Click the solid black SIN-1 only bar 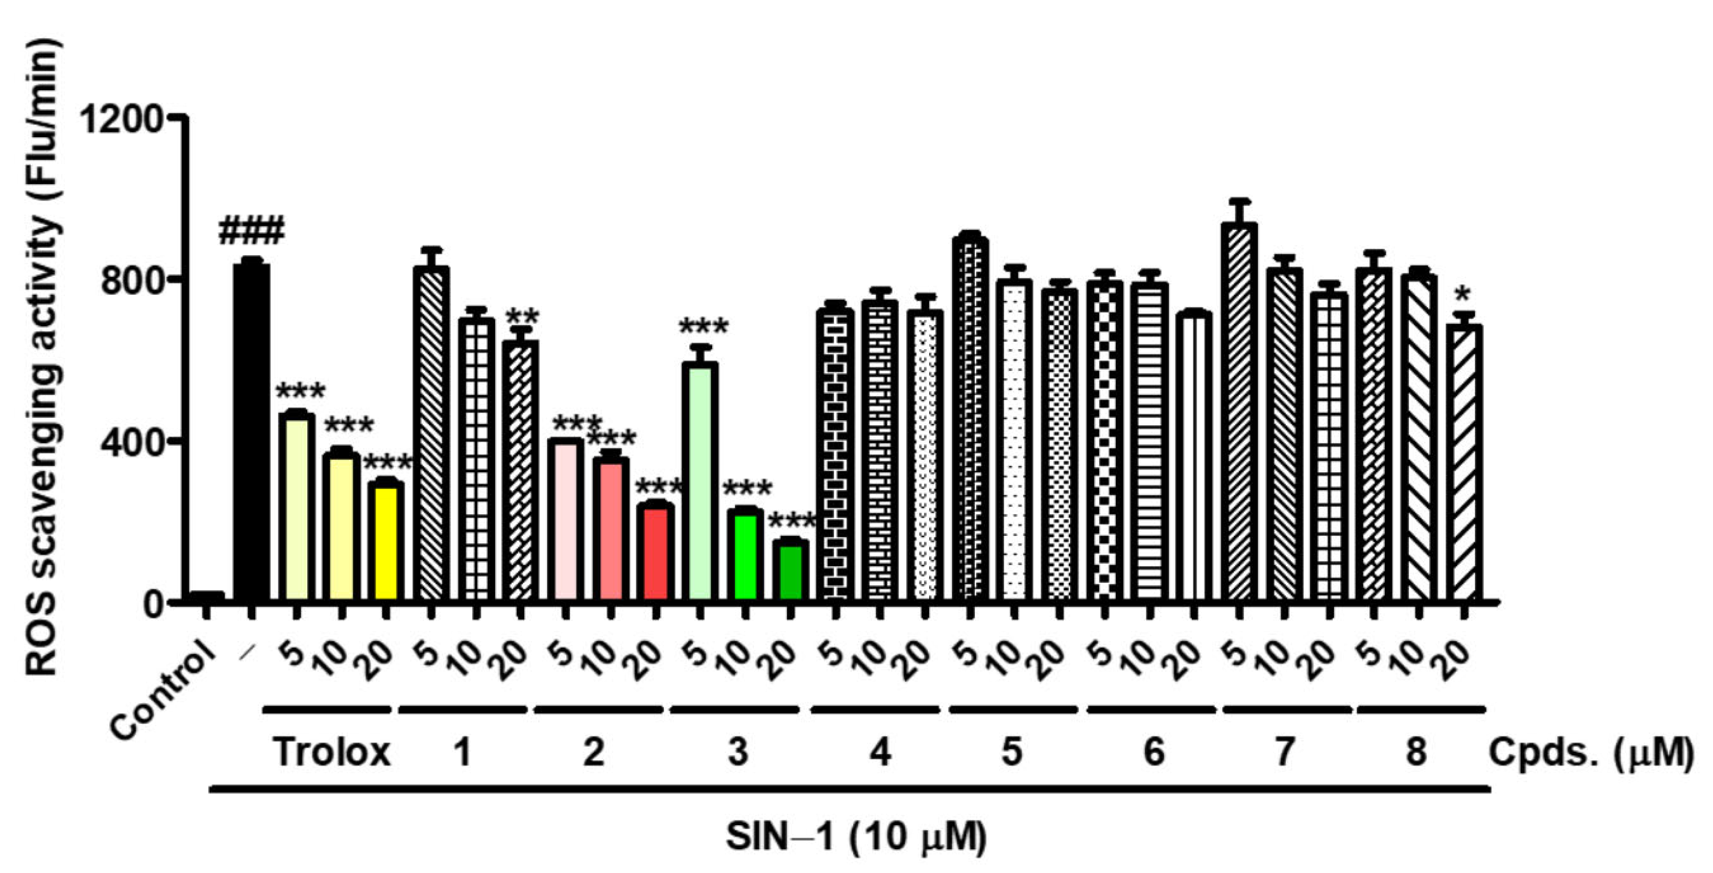click(251, 432)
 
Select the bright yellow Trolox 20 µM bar click(386, 542)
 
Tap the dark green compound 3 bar click(791, 572)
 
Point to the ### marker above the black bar click(251, 231)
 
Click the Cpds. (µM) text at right click(1589, 753)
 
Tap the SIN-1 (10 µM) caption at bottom click(856, 836)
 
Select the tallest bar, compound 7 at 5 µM click(1239, 412)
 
